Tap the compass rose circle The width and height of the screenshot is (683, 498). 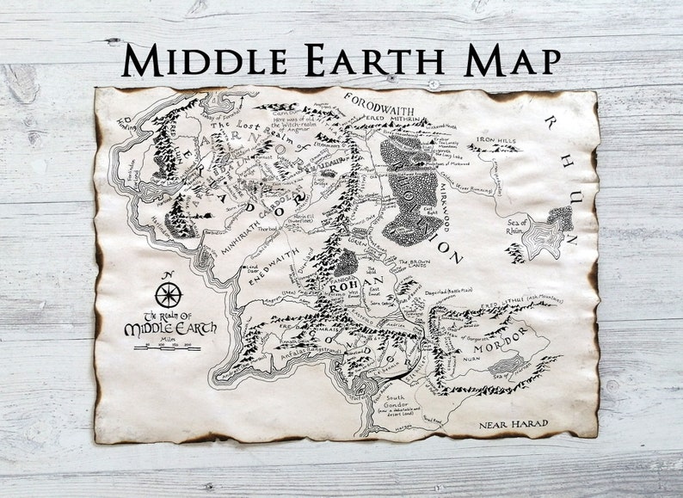[x=168, y=295]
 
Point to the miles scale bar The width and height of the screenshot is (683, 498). [x=173, y=347]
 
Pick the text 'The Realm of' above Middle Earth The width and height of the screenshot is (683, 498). [x=169, y=316]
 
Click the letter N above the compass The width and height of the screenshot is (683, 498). [x=169, y=276]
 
